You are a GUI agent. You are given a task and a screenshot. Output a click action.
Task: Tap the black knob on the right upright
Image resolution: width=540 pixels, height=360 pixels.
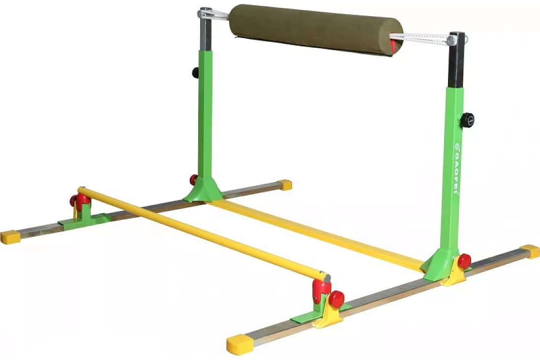tap(468, 120)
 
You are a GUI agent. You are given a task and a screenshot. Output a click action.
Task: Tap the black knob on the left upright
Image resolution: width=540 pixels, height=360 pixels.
tap(196, 72)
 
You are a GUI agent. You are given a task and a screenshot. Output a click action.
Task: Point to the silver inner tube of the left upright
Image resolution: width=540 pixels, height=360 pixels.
tap(206, 30)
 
